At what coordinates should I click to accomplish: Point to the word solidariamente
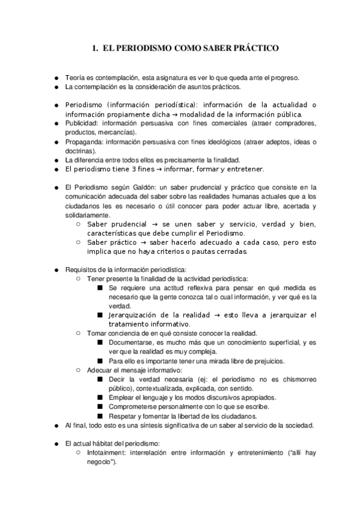pos(88,215)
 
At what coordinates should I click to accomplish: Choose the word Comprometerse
pos(136,407)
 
